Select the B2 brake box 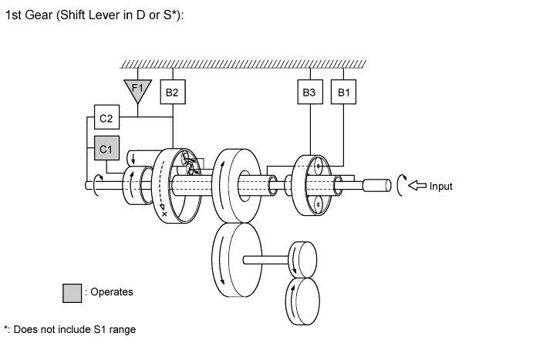tap(172, 93)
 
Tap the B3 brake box tap(309, 93)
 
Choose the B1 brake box tap(343, 93)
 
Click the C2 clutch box tap(106, 119)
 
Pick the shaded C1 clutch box tap(106, 147)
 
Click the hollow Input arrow tap(417, 186)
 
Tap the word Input tap(441, 187)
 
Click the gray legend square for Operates tap(73, 293)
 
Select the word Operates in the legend tap(112, 292)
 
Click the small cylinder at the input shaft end tap(376, 186)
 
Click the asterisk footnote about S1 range tap(69, 330)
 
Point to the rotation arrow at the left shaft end tap(96, 185)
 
